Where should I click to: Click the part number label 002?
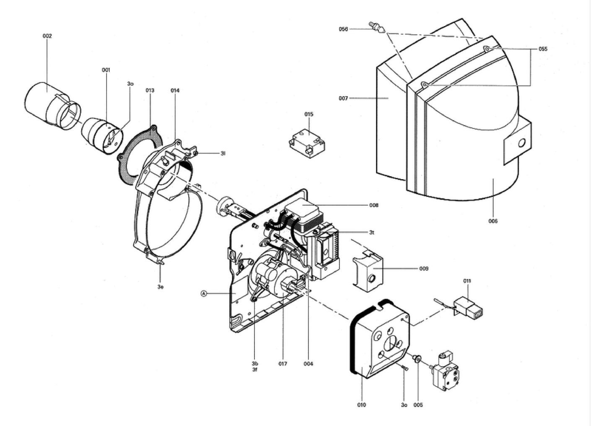(x=47, y=36)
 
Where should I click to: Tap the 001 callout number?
(x=106, y=70)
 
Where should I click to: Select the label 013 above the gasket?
(x=150, y=90)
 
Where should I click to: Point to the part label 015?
(x=308, y=114)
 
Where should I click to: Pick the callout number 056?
(x=343, y=29)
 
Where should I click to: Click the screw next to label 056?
(x=377, y=27)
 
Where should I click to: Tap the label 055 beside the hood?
(x=543, y=49)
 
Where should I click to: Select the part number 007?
(x=343, y=98)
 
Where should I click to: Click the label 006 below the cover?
(x=493, y=221)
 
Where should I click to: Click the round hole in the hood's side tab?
(x=521, y=143)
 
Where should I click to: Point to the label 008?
(x=374, y=205)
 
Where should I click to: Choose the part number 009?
(x=424, y=269)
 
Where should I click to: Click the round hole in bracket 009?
(x=372, y=278)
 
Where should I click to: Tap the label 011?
(x=467, y=281)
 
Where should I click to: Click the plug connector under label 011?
(x=468, y=307)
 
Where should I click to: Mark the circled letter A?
(x=203, y=293)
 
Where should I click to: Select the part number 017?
(x=283, y=364)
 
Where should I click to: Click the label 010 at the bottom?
(x=361, y=405)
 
